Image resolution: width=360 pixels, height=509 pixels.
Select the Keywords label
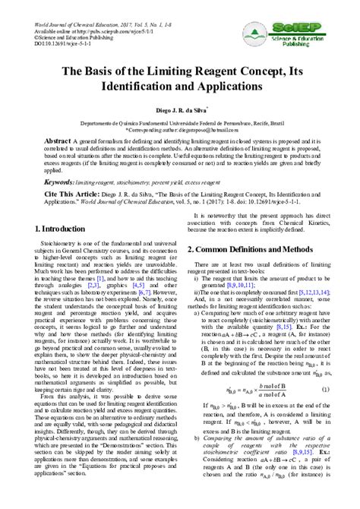(58, 183)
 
